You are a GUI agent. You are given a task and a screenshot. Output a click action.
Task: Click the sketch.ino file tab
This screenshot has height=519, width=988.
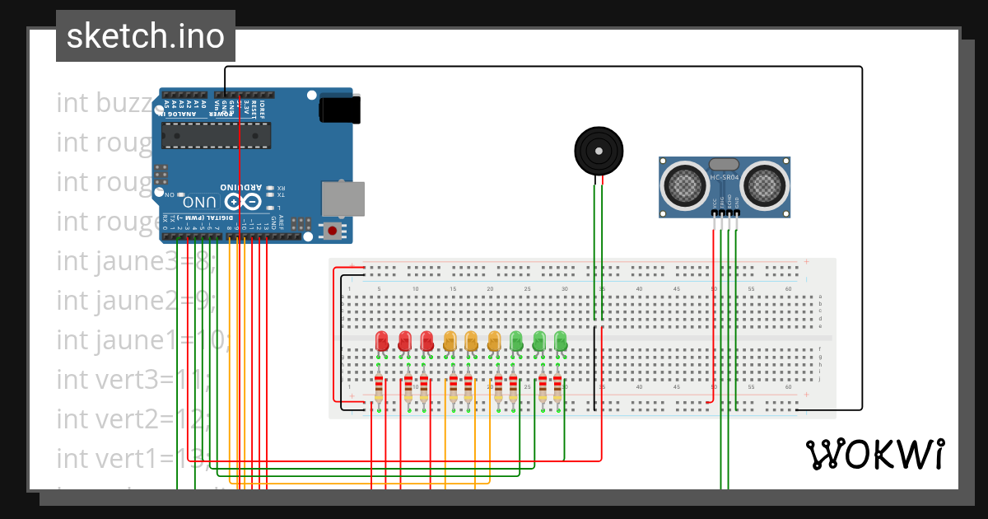coord(145,36)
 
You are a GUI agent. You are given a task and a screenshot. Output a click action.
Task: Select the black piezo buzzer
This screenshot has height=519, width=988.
coord(599,151)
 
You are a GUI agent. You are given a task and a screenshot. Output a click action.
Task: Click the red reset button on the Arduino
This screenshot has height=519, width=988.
coord(332,231)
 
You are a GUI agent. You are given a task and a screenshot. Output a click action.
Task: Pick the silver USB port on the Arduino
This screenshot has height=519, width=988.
coord(342,199)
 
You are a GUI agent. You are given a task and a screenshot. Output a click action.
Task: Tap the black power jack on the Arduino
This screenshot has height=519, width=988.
coord(340,110)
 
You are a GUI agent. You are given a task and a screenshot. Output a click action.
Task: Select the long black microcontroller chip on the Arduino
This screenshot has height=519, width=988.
coord(216,135)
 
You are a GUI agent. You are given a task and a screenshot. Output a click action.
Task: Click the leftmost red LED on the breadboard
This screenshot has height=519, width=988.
coord(382,341)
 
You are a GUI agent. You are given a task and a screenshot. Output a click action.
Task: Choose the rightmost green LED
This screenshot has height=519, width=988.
coord(561,341)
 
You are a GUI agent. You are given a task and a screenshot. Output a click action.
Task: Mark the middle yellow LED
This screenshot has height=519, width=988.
coord(472,341)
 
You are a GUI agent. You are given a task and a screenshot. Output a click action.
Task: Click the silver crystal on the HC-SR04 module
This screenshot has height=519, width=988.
coord(725,166)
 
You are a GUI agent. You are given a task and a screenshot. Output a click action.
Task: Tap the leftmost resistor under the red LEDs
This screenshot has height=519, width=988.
coord(379,388)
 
